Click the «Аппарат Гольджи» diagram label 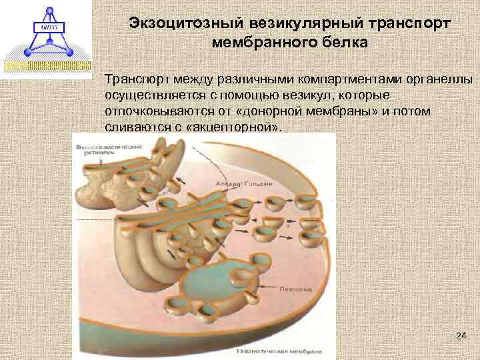tap(235, 182)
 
